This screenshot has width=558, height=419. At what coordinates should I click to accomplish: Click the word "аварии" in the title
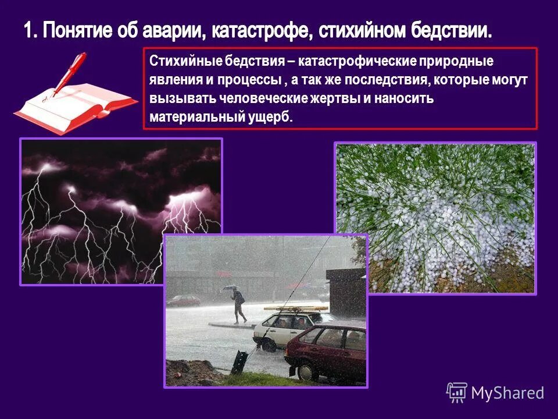pos(171,30)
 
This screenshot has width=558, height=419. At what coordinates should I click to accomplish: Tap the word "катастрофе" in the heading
pos(254,30)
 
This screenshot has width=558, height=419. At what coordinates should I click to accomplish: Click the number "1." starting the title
pos(31,30)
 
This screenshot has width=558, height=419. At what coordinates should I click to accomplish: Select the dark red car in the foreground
pos(325,349)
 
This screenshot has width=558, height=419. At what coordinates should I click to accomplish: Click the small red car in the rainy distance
pos(184,300)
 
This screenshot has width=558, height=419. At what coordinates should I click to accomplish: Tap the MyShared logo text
pos(507,393)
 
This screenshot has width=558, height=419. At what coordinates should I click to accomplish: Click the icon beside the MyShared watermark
pos(457,392)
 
